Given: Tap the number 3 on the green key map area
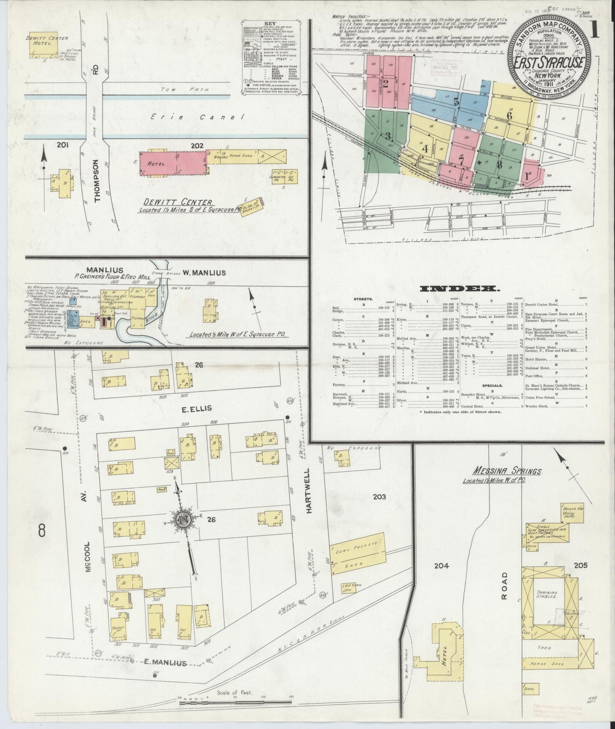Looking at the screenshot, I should coord(388,137).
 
